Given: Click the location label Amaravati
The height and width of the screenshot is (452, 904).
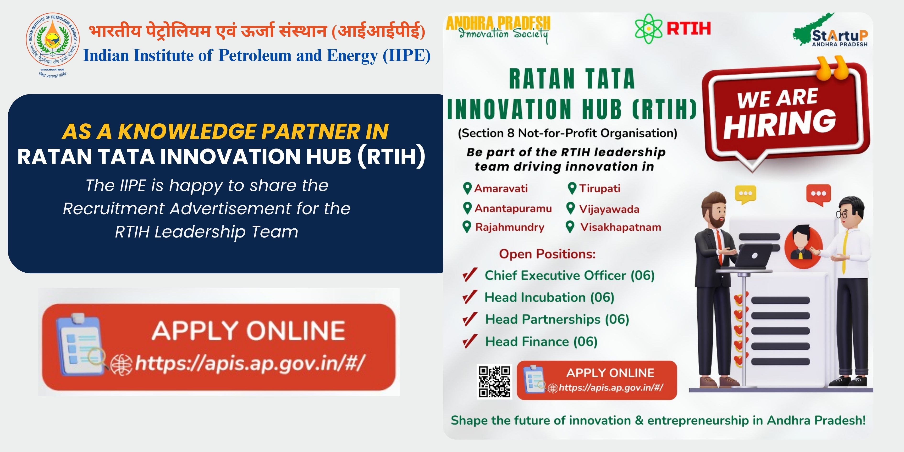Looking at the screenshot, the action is point(501,188).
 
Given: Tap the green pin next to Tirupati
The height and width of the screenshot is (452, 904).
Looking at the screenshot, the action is point(572,188).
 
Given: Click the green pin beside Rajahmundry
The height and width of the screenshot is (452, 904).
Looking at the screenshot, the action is point(467,227).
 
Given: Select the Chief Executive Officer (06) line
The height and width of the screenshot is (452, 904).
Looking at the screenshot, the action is point(570,276).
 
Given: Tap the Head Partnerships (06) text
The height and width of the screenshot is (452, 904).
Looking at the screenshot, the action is point(557,319).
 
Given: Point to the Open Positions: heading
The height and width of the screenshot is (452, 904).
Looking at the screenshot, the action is point(547,254).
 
